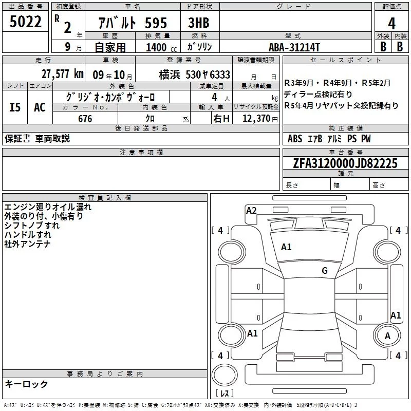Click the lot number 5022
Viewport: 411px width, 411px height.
click(x=25, y=22)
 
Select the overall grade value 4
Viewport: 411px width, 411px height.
click(x=391, y=24)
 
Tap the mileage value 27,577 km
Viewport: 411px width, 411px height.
click(x=62, y=74)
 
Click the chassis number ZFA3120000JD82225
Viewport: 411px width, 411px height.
click(x=345, y=163)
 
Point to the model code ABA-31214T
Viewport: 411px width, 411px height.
click(x=294, y=47)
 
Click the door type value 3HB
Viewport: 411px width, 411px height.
click(x=199, y=23)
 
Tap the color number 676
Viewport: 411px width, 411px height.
click(x=85, y=119)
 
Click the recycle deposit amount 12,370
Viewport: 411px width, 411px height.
click(x=256, y=119)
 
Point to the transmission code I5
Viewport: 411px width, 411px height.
click(x=15, y=107)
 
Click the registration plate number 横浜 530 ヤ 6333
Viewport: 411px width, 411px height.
click(x=195, y=74)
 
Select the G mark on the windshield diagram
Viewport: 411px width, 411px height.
click(x=325, y=271)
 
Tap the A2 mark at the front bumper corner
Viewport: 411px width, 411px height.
click(x=251, y=211)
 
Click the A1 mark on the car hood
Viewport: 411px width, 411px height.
click(x=286, y=247)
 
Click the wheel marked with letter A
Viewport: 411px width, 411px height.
click(x=387, y=335)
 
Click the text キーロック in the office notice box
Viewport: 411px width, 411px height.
click(x=26, y=384)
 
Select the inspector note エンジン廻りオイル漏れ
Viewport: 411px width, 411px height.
click(x=48, y=207)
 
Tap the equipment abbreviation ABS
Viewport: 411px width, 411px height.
click(x=294, y=139)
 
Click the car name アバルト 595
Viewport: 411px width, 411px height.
click(x=133, y=23)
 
